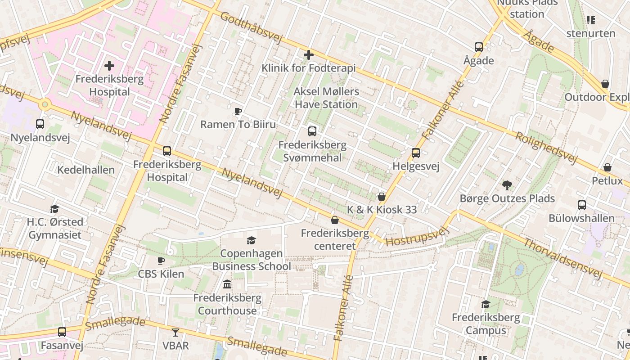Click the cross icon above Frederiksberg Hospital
109,66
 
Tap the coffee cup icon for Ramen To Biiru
238,111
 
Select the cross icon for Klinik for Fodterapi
309,55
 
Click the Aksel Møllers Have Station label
326,98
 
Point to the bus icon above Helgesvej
416,153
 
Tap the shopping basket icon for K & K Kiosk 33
382,197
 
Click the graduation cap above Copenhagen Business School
251,241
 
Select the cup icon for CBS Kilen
161,261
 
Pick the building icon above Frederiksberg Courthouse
227,284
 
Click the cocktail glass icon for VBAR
175,333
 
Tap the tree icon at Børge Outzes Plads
507,185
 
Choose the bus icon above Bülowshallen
581,205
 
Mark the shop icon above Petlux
607,168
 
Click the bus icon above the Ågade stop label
479,47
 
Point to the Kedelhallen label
86,170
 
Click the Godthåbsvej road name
251,27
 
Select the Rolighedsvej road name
546,147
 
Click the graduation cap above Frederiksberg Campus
486,305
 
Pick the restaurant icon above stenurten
591,20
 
